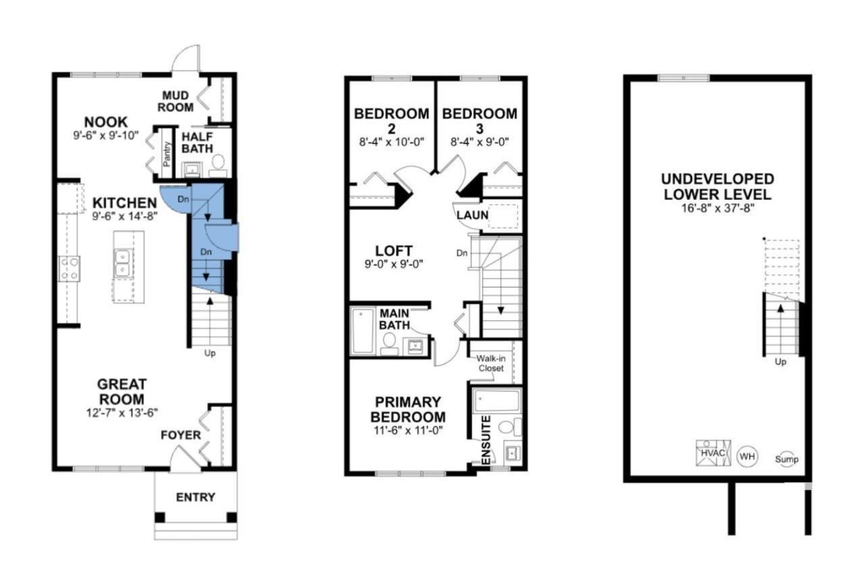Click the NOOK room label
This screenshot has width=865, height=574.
106,122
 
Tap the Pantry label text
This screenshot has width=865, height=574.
167,154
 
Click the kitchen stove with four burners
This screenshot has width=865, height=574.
70,269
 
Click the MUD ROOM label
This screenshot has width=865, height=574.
175,101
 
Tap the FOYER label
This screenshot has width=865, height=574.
180,435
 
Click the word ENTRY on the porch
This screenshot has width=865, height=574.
195,497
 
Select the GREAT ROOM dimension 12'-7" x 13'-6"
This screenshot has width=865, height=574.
122,413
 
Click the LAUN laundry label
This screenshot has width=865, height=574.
472,215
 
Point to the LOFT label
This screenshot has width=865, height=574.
394,251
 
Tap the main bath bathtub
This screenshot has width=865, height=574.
363,331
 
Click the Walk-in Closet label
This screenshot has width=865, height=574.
491,363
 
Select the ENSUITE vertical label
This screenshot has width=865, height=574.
487,440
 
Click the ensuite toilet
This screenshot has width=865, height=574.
510,427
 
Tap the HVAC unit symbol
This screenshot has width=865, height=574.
713,453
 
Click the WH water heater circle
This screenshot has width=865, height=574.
747,456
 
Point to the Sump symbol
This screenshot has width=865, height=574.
787,459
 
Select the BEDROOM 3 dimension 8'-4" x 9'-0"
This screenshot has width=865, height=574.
480,142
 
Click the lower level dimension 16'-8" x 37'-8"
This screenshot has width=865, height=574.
718,208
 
